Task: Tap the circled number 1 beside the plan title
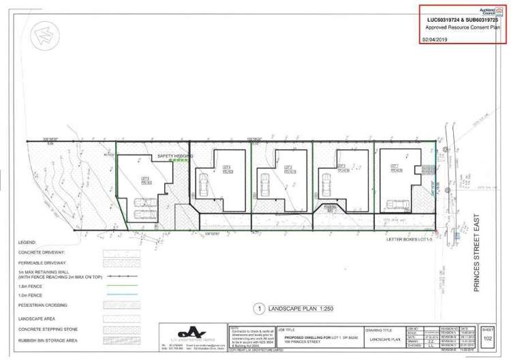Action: (258, 307)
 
